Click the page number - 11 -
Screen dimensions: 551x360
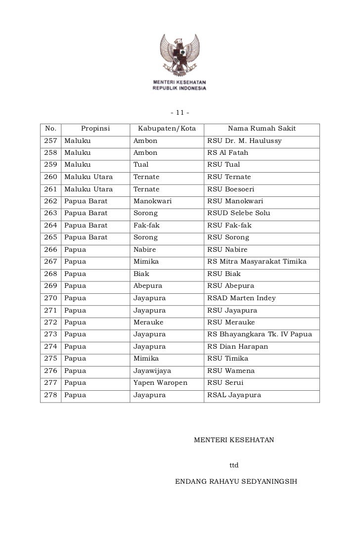pyautogui.click(x=180, y=110)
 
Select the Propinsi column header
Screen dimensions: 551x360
pyautogui.click(x=95, y=129)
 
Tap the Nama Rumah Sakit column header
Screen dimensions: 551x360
pyautogui.click(x=262, y=129)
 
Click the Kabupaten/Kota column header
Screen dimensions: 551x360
pyautogui.click(x=167, y=129)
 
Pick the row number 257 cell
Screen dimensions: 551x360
pyautogui.click(x=51, y=141)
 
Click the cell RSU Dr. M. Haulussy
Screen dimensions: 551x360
pyautogui.click(x=244, y=141)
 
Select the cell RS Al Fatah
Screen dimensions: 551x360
pyautogui.click(x=228, y=153)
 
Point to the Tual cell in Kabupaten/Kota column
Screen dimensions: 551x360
pyautogui.click(x=141, y=165)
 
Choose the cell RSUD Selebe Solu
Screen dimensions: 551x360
pyautogui.click(x=239, y=213)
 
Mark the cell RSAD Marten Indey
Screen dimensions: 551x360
pyautogui.click(x=242, y=298)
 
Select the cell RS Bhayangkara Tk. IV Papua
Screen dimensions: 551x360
pyautogui.click(x=260, y=334)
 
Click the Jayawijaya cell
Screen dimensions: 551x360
pyautogui.click(x=152, y=370)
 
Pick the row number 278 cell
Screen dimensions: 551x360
pyautogui.click(x=51, y=395)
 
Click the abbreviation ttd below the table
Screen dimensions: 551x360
pyautogui.click(x=234, y=465)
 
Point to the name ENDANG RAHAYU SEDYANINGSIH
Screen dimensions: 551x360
pyautogui.click(x=236, y=481)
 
